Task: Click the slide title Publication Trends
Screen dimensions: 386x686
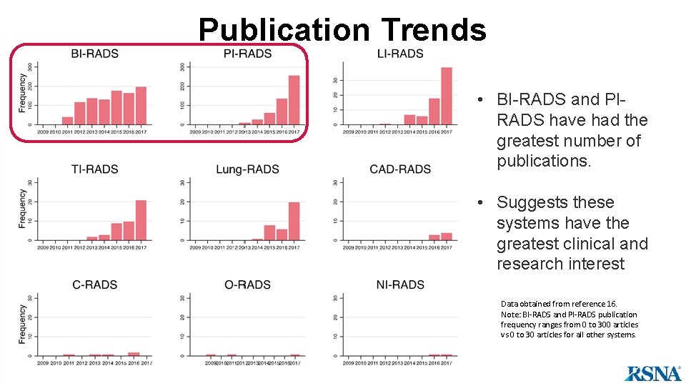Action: coord(342,30)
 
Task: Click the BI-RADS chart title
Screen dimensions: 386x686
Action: coord(94,54)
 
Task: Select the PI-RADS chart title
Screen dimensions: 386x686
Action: coord(247,54)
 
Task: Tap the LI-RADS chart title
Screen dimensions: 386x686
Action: coord(400,54)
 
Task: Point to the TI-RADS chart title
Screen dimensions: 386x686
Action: coord(94,169)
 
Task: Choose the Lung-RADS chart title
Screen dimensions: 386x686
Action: coord(247,169)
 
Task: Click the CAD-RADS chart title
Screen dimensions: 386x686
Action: coord(400,169)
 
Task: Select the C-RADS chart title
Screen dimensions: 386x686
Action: coord(94,284)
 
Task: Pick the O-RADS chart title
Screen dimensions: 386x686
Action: coord(247,284)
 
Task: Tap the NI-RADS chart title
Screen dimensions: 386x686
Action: coord(400,284)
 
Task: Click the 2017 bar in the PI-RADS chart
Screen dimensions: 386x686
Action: coord(294,100)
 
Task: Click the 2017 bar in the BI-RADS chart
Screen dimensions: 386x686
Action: coord(141,106)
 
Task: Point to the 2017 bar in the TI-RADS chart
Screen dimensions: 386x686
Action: coord(141,220)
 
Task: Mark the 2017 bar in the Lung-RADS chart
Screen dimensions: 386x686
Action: coord(294,221)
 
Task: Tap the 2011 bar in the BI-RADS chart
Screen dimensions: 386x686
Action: coord(68,121)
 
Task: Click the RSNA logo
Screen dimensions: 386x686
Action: coord(653,373)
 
